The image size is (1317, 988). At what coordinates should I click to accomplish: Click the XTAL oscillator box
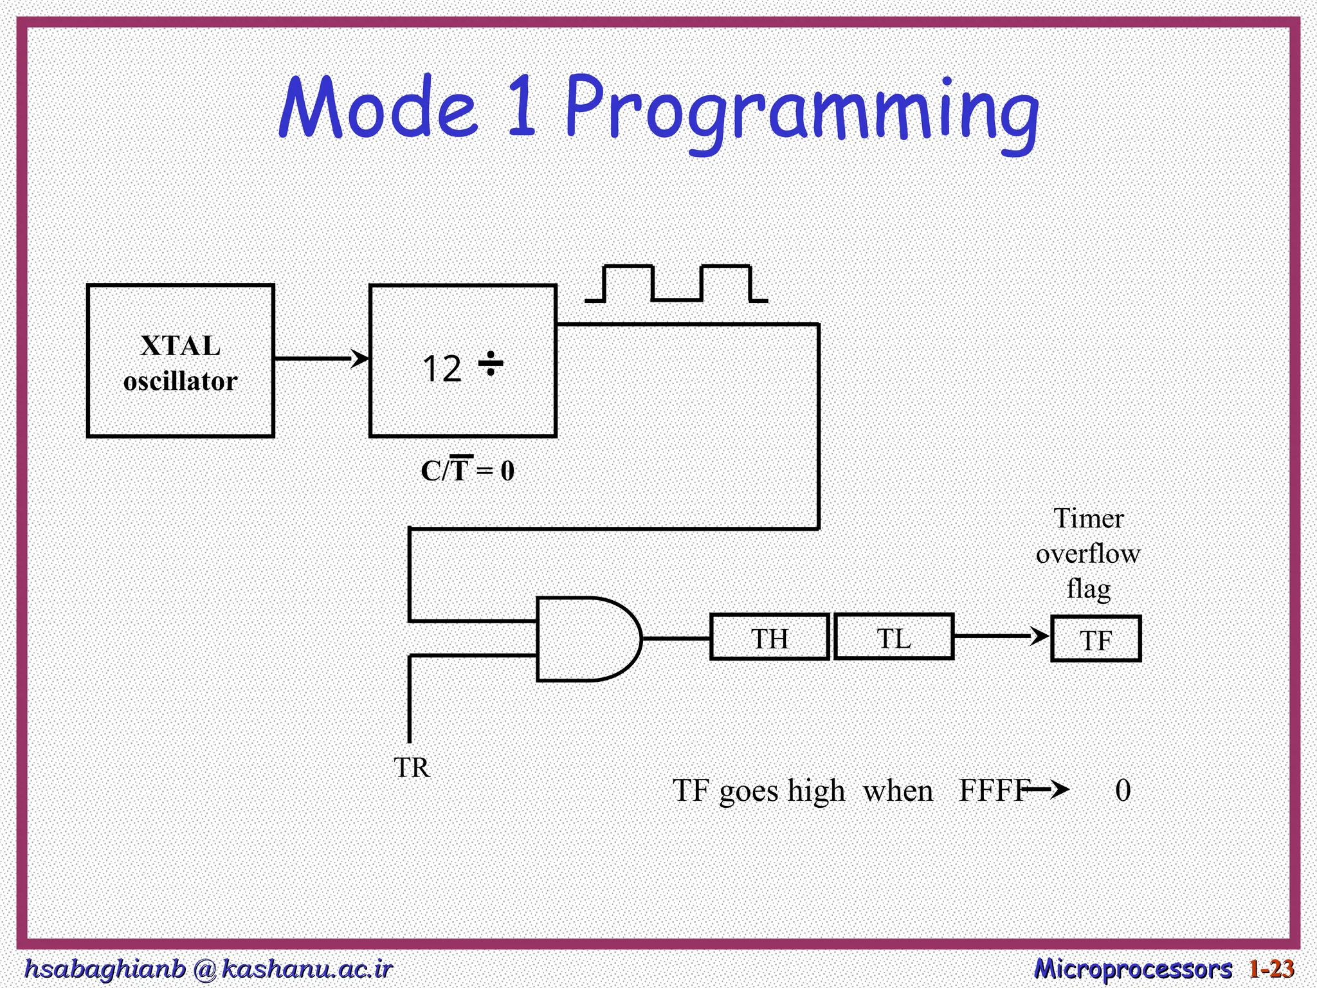pos(180,361)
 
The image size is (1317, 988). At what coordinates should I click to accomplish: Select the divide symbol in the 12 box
pos(491,364)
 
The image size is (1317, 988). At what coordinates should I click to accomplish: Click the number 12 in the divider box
pos(442,369)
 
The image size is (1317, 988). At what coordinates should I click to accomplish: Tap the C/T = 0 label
pos(468,470)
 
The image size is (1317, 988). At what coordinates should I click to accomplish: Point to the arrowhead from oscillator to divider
pos(361,358)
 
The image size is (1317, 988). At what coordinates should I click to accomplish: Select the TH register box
pos(769,637)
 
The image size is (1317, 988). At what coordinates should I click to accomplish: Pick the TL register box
pos(893,637)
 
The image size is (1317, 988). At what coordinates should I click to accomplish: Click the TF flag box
pos(1096,639)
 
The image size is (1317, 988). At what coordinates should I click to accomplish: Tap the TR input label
pos(412,767)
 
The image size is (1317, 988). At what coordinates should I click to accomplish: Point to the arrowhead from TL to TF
pos(1040,636)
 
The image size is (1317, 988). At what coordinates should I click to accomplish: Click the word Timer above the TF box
pos(1088,518)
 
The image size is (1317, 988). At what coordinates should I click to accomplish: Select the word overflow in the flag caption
pos(1088,553)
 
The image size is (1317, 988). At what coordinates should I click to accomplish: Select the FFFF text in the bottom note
pos(993,791)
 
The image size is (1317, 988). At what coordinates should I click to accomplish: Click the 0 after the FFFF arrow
pos(1123,791)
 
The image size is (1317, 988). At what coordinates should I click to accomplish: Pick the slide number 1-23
pos(1271,969)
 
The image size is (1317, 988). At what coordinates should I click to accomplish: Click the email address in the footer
pos(208,969)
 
